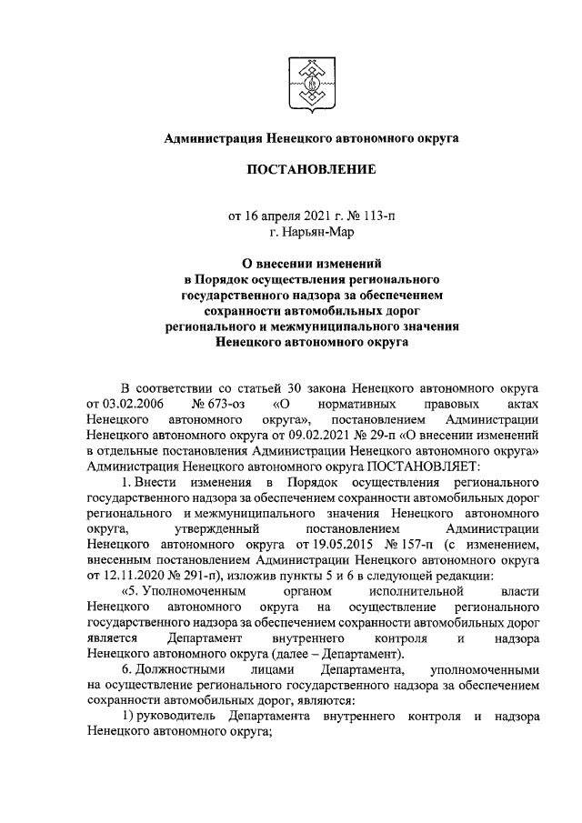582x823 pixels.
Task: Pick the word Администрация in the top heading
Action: click(x=212, y=138)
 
